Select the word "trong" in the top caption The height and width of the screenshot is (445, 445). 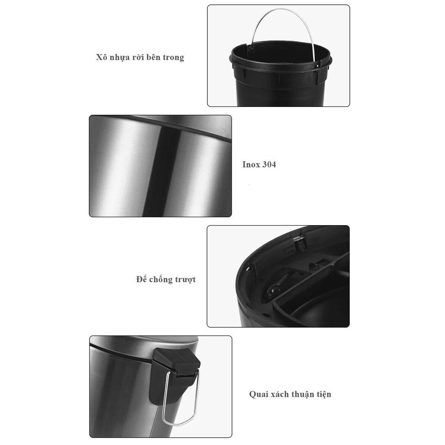pyautogui.click(x=173, y=58)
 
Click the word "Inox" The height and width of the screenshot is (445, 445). pyautogui.click(x=251, y=164)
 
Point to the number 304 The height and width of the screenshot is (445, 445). pyautogui.click(x=269, y=164)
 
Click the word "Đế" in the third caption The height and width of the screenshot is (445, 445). pyautogui.click(x=141, y=279)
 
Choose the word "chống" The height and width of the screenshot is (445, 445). pyautogui.click(x=161, y=279)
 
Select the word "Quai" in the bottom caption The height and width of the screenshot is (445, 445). pyautogui.click(x=259, y=394)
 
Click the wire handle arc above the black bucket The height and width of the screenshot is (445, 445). pyautogui.click(x=281, y=9)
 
